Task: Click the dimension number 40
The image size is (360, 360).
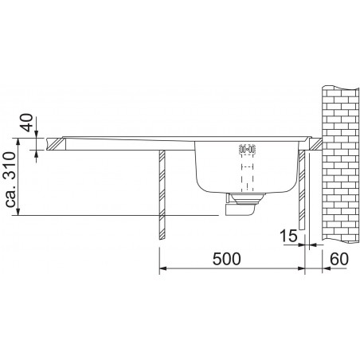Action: tap(27, 123)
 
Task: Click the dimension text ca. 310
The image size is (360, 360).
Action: tap(11, 179)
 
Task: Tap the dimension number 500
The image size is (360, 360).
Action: tap(226, 259)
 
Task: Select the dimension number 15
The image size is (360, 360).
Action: tap(289, 236)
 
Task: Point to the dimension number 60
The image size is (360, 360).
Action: tap(339, 259)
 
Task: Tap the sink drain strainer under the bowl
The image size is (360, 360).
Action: tap(245, 198)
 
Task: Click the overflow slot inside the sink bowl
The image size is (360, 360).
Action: tap(248, 149)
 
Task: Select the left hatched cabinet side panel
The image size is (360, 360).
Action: tap(162, 194)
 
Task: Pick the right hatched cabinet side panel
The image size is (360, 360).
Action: tap(302, 190)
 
